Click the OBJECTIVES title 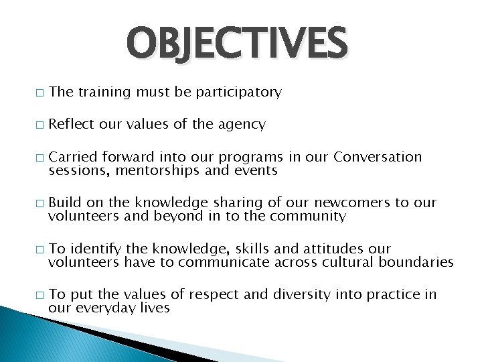click(x=238, y=44)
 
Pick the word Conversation click(x=378, y=157)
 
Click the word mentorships click(x=157, y=171)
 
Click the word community click(x=308, y=217)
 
